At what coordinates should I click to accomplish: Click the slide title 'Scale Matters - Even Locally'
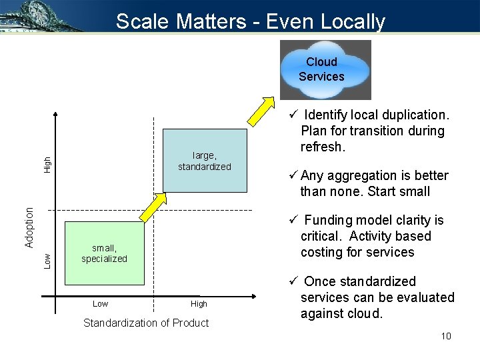(251, 21)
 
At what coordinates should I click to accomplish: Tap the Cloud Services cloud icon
(325, 69)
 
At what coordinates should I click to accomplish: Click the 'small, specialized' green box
(104, 253)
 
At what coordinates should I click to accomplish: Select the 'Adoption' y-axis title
(29, 227)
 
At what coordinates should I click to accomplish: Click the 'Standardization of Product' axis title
(146, 323)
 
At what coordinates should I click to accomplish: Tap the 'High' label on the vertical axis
(47, 164)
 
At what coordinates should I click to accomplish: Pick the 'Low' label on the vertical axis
(47, 260)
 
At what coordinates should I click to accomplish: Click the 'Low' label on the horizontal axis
(100, 304)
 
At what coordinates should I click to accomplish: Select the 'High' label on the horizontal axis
(199, 304)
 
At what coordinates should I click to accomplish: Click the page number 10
(446, 336)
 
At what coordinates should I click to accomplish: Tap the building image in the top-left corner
(40, 16)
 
